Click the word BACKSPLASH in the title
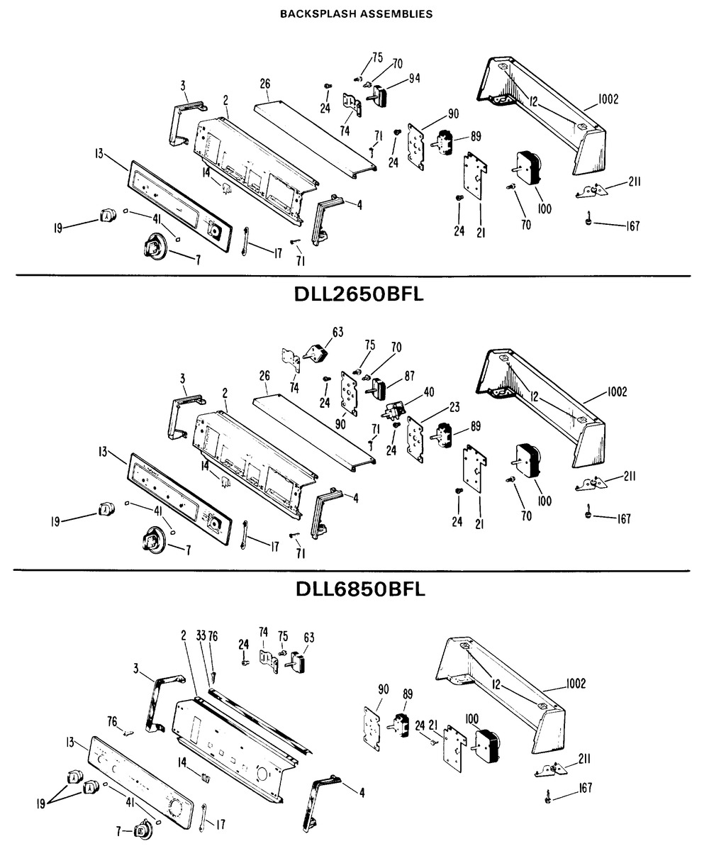point(316,14)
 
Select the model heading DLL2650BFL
point(359,294)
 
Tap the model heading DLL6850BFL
point(360,589)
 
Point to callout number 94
point(414,78)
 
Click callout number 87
point(409,376)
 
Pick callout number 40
point(429,391)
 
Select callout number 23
point(454,406)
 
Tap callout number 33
point(201,636)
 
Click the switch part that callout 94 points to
point(379,96)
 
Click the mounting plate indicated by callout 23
point(415,440)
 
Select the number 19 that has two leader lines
point(40,804)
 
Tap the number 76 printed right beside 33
point(213,636)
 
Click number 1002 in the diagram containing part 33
point(575,684)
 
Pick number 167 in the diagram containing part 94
point(632,226)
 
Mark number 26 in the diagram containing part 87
point(264,375)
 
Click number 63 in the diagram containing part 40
point(337,332)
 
